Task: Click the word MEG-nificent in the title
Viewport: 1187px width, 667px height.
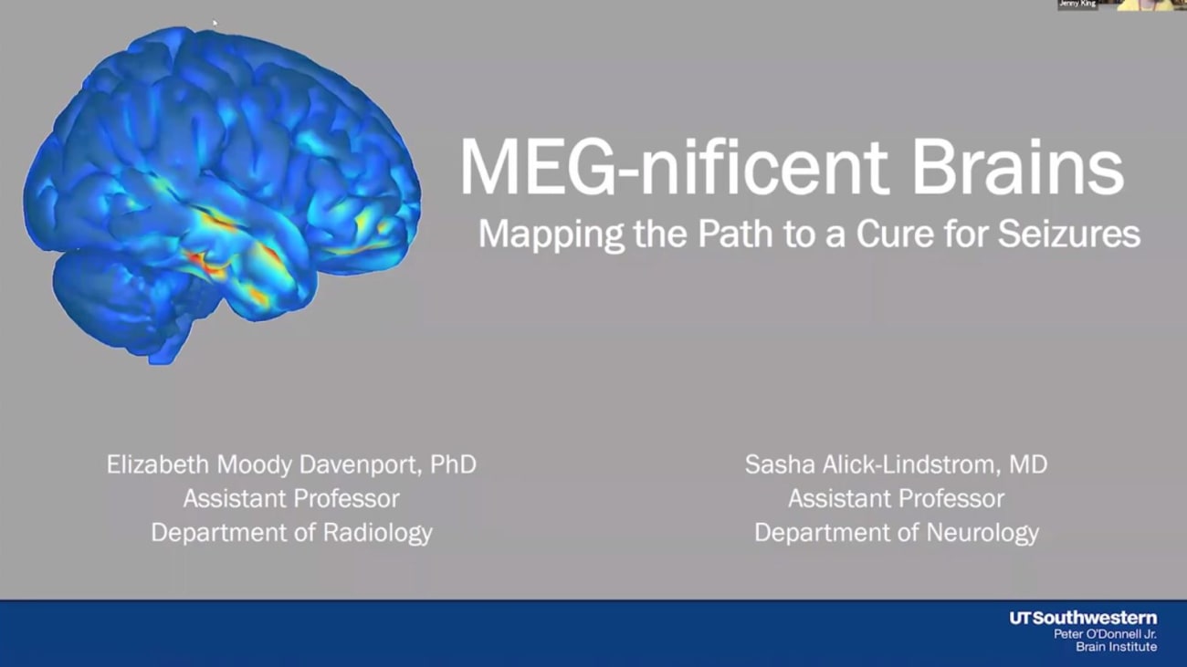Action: tap(674, 168)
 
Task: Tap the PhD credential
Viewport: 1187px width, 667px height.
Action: tap(454, 464)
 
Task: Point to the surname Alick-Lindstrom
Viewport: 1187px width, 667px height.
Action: tap(908, 464)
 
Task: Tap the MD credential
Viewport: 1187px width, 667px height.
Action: tap(1028, 464)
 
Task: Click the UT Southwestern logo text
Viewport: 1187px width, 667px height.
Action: tap(1083, 618)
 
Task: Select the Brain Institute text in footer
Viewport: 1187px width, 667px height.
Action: tap(1116, 647)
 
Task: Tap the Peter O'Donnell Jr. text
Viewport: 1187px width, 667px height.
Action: tap(1105, 633)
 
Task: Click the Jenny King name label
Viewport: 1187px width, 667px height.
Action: tap(1077, 5)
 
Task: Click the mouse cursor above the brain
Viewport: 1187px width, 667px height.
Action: tap(215, 23)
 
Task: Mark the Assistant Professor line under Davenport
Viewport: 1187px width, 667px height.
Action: tap(291, 498)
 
